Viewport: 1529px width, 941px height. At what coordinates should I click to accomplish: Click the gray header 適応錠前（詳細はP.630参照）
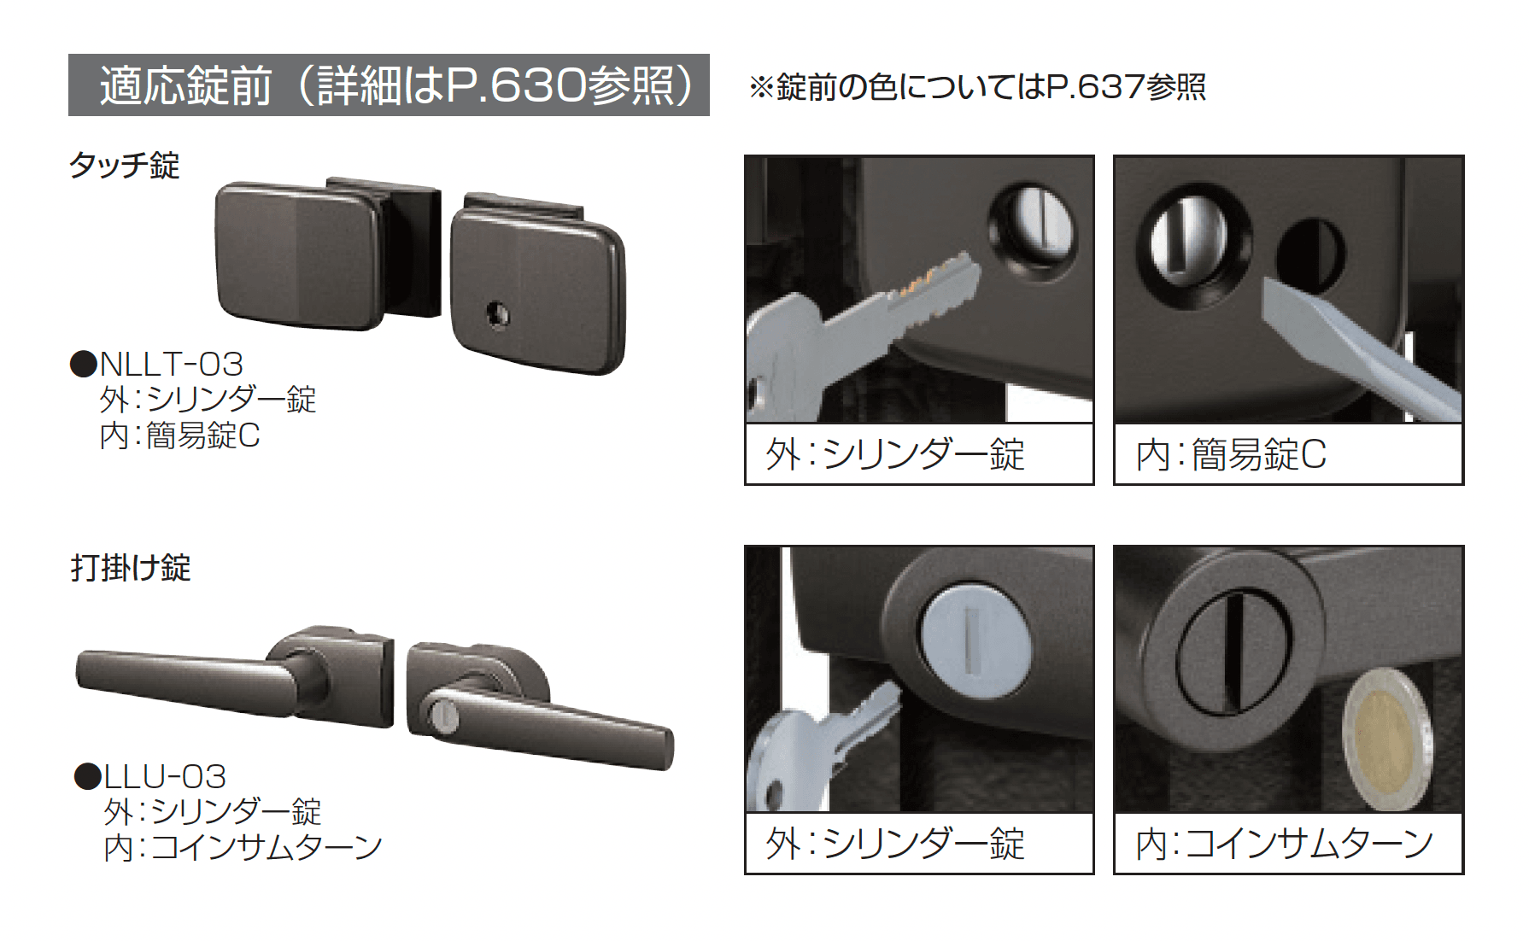pyautogui.click(x=389, y=85)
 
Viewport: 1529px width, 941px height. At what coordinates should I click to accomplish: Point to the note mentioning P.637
pyautogui.click(x=977, y=87)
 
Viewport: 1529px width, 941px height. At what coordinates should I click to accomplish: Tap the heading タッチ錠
pyautogui.click(x=125, y=165)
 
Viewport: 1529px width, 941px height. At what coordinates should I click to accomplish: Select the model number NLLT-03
pyautogui.click(x=172, y=365)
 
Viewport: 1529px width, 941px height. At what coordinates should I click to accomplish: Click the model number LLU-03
pyautogui.click(x=165, y=777)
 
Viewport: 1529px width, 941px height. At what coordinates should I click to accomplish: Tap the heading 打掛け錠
pyautogui.click(x=131, y=568)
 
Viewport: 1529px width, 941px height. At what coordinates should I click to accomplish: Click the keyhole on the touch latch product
pyautogui.click(x=497, y=314)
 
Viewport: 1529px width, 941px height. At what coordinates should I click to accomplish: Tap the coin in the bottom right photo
pyautogui.click(x=1384, y=739)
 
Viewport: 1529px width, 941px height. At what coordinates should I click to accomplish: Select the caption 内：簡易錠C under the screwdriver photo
pyautogui.click(x=1231, y=455)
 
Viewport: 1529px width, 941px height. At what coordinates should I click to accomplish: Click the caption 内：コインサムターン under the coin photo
pyautogui.click(x=1285, y=844)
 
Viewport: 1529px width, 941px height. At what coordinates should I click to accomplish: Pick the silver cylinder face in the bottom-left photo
pyautogui.click(x=974, y=639)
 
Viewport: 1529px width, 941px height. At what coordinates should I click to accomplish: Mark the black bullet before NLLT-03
pyautogui.click(x=84, y=365)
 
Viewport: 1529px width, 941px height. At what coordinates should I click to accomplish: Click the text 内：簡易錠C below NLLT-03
pyautogui.click(x=179, y=436)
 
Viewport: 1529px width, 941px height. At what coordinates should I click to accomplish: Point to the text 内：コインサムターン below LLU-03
pyautogui.click(x=243, y=848)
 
